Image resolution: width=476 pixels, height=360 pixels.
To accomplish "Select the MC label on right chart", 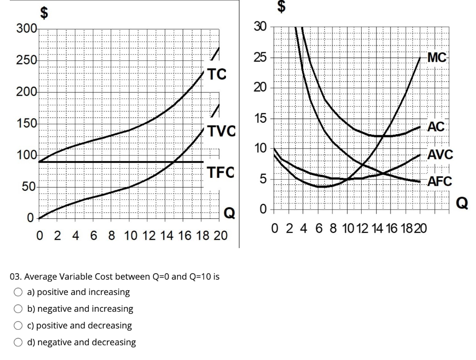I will pyautogui.click(x=437, y=58).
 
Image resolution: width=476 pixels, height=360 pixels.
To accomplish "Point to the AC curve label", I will pyautogui.click(x=436, y=126).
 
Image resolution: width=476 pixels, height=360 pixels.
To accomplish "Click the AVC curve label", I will pyautogui.click(x=439, y=155).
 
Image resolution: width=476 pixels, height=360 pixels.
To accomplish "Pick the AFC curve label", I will pyautogui.click(x=439, y=181).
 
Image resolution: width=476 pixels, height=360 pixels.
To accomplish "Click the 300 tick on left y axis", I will pyautogui.click(x=26, y=29).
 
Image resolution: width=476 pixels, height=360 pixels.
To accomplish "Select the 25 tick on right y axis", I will pyautogui.click(x=260, y=58).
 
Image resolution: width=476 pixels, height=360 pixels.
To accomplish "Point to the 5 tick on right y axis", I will pyautogui.click(x=263, y=179).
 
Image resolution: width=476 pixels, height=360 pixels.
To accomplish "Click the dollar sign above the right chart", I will pyautogui.click(x=281, y=6).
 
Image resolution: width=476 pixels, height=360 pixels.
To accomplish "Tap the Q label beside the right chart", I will pyautogui.click(x=463, y=203).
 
